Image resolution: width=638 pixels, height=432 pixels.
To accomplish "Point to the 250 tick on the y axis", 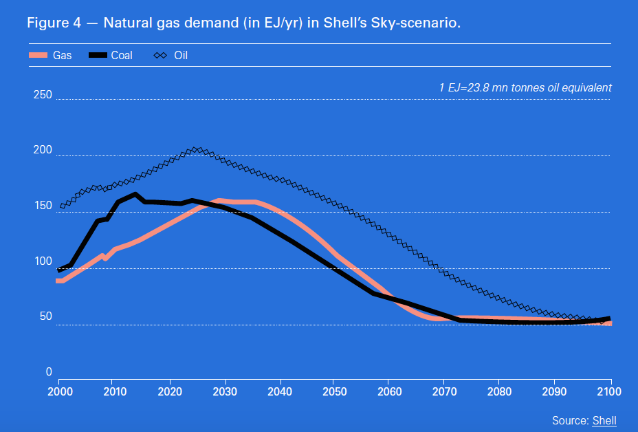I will tap(43, 95).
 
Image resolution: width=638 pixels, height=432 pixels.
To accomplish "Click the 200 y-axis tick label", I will tap(43, 151).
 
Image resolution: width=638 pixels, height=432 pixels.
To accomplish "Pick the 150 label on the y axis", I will tap(43, 206).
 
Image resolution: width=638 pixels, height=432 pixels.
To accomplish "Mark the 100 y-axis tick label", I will tap(43, 261).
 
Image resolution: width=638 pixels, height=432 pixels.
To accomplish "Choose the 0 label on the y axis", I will tap(48, 372).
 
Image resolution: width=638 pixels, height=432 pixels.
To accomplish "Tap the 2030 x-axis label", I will tap(224, 391).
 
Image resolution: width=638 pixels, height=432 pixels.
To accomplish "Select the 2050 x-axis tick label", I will tap(334, 391).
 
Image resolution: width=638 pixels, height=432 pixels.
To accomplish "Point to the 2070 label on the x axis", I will tap(444, 391).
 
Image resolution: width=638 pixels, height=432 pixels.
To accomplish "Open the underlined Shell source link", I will tap(604, 420).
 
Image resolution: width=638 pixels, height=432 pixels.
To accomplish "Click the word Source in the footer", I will tap(569, 420).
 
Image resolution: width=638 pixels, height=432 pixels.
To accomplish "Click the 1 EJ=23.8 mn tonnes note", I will tap(525, 88).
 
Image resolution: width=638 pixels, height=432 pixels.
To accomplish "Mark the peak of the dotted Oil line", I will tap(197, 149).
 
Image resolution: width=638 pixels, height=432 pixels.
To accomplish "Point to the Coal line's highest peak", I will tap(135, 194).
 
